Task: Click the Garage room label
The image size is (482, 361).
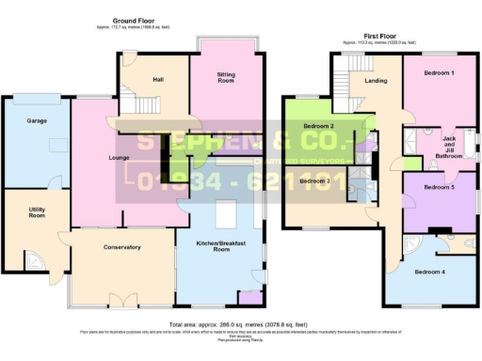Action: click(x=37, y=121)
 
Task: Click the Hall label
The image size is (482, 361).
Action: click(x=158, y=80)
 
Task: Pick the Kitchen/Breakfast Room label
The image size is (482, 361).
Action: click(x=222, y=247)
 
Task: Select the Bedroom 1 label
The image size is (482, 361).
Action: click(x=439, y=72)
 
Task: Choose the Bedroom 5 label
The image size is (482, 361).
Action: click(x=439, y=187)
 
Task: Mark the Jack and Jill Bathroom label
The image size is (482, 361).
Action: click(x=455, y=146)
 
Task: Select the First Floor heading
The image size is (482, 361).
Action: click(x=373, y=36)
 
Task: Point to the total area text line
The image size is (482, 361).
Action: click(x=240, y=324)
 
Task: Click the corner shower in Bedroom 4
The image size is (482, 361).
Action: click(x=413, y=246)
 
